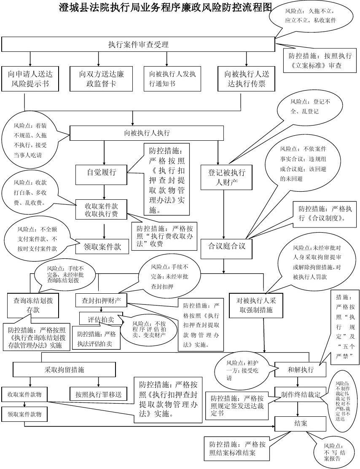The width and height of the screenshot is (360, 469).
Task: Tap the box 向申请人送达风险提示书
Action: tap(30, 79)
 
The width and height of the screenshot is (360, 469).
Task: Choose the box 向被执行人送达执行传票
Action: tap(247, 79)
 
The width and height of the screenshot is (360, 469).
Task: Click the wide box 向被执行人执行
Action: tap(147, 133)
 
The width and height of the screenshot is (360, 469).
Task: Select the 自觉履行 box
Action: tap(101, 172)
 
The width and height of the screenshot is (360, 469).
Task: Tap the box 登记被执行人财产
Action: tap(227, 177)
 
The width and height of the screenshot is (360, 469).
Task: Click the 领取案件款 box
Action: tap(101, 247)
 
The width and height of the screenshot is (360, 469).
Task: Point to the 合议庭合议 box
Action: tap(227, 245)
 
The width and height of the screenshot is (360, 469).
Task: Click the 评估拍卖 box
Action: tap(101, 319)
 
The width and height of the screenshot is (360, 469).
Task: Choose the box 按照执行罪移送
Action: tap(98, 394)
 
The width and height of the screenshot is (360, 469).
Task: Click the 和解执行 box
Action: tap(301, 370)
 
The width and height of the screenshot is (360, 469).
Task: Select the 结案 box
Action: tap(301, 423)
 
